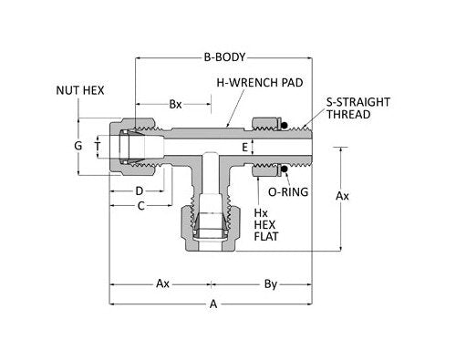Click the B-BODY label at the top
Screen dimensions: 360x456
tap(226, 57)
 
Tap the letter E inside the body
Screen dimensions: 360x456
tap(244, 146)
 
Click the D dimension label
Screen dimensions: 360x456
tap(139, 190)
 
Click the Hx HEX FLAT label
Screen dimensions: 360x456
tap(264, 224)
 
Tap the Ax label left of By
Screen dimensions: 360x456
tap(161, 283)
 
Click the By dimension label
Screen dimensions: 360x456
tap(270, 283)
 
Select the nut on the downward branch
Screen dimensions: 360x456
tap(213, 228)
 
